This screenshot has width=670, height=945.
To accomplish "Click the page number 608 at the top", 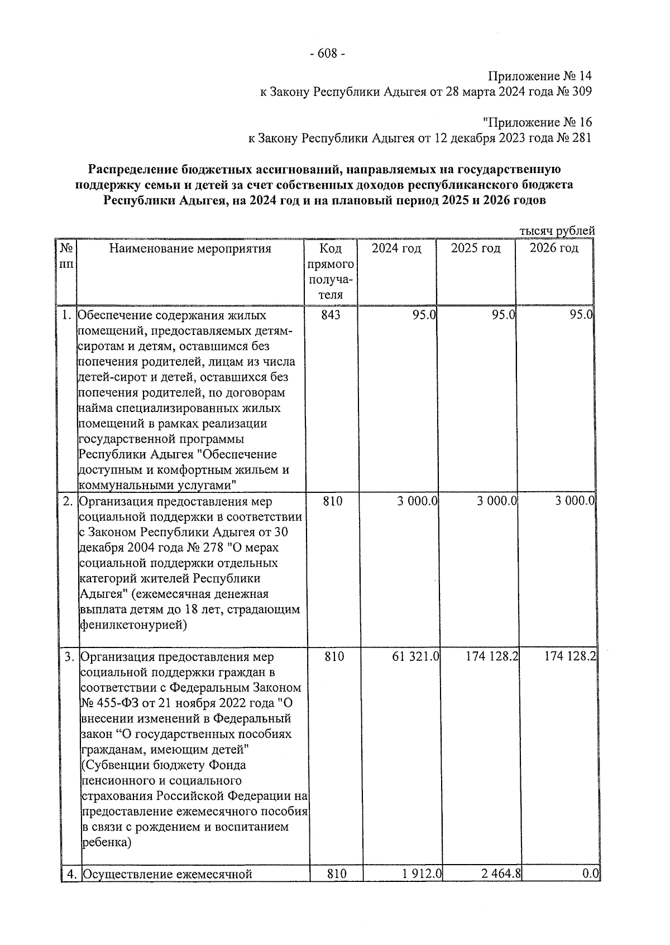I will [x=327, y=54].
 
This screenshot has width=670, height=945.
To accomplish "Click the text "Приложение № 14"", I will [x=539, y=76].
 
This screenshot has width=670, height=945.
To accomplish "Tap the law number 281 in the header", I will [x=581, y=138].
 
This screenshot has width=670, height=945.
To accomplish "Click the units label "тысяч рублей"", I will [x=557, y=231].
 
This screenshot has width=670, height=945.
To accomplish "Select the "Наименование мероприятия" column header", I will [x=190, y=248].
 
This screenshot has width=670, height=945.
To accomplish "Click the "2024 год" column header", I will [x=396, y=248].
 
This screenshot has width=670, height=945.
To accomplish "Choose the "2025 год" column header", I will [x=476, y=248].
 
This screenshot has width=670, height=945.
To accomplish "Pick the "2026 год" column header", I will [x=554, y=248].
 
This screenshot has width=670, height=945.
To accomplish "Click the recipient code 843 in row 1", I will [x=331, y=315].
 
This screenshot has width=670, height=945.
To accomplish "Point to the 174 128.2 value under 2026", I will [x=571, y=657].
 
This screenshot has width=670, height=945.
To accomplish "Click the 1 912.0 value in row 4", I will [x=422, y=874].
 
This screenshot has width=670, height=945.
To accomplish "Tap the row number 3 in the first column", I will [x=69, y=657].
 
